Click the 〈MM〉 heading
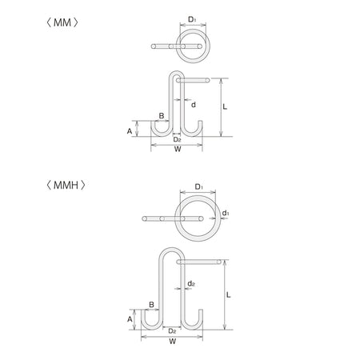[x=62, y=22]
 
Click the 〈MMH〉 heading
[x=66, y=185]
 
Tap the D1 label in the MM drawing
[x=192, y=19]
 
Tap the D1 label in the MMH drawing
[x=199, y=186]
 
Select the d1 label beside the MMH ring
[x=226, y=213]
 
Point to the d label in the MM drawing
[x=194, y=105]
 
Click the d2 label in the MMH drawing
[x=191, y=283]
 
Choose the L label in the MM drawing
[x=225, y=107]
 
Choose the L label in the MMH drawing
[x=229, y=295]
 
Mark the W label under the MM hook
[x=178, y=149]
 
